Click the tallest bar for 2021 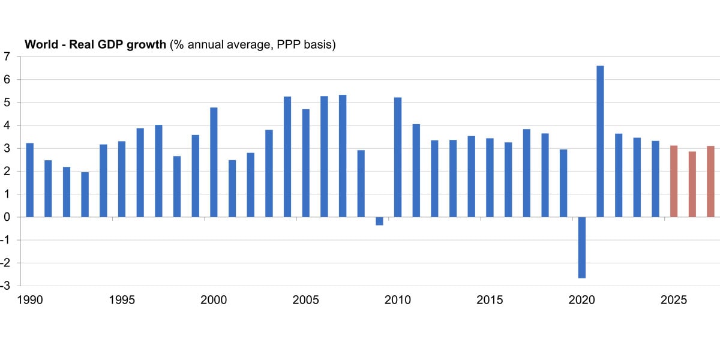(600, 142)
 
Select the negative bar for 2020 (582, 247)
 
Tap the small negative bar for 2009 (379, 221)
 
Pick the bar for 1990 (30, 180)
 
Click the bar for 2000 (214, 162)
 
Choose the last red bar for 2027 (710, 181)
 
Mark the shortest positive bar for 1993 (85, 194)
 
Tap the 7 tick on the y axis (7, 56)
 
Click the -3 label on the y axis (6, 286)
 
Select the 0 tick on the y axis (7, 217)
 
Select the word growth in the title (148, 45)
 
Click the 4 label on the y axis (7, 125)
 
